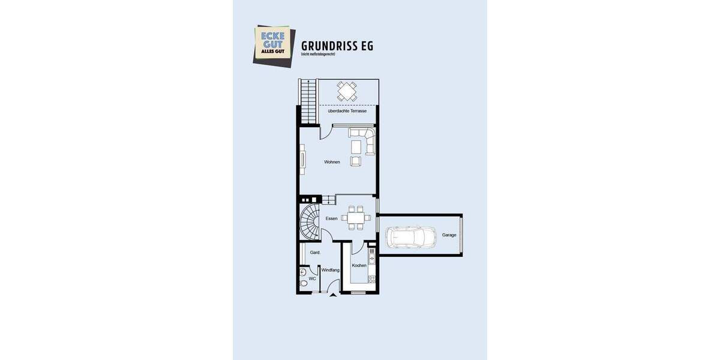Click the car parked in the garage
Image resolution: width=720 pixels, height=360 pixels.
[x=411, y=237]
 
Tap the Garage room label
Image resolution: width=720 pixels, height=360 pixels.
[x=449, y=235]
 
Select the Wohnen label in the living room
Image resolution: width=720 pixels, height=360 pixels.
[x=332, y=162]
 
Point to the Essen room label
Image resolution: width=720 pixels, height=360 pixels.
[x=331, y=218]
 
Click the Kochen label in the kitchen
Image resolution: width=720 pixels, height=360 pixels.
[x=359, y=265]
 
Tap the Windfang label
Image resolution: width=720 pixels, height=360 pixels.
[x=330, y=270]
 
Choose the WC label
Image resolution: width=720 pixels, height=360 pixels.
[x=312, y=279]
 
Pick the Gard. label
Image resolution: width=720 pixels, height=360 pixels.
[x=315, y=253]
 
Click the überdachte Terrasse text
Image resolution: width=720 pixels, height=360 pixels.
[x=347, y=111]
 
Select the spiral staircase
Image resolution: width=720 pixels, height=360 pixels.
[x=311, y=221]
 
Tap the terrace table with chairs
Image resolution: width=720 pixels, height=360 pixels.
[x=347, y=91]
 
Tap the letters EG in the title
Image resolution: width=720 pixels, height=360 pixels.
[x=366, y=46]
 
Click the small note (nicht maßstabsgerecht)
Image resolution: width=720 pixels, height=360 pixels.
[x=318, y=55]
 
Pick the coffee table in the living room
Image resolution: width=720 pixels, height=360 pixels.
[x=356, y=146]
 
